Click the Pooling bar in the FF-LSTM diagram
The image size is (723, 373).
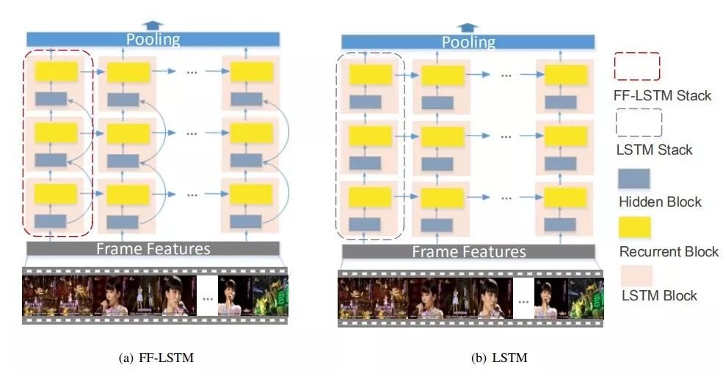click(153, 39)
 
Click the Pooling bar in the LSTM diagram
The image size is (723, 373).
click(467, 43)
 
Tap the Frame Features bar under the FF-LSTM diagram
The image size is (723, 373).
click(153, 248)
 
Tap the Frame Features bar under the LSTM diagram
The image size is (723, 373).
click(468, 251)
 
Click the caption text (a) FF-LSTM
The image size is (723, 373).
click(151, 358)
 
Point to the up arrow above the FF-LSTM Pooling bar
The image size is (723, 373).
click(153, 24)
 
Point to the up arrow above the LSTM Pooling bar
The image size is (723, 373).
click(468, 27)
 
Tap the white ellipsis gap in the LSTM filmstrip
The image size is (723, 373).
click(523, 300)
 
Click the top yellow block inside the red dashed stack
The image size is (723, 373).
click(56, 71)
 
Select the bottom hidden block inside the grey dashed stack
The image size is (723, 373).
click(365, 224)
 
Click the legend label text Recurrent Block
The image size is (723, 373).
click(669, 251)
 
